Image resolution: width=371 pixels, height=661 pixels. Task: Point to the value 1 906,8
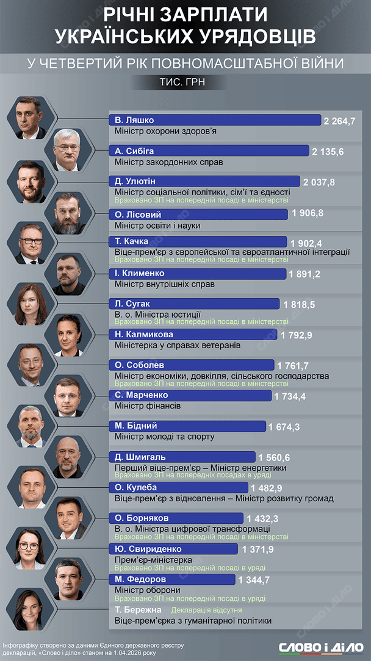coord(308,213)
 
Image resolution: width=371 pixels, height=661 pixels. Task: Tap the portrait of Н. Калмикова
coord(68,335)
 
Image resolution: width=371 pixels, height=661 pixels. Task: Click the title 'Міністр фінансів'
coord(148,406)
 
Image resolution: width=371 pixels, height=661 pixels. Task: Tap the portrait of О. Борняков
coord(68,518)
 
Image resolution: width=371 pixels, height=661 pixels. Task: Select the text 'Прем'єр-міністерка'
coord(153,559)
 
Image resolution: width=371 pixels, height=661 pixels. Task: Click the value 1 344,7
coord(255,579)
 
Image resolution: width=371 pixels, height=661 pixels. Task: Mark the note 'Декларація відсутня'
coord(207,610)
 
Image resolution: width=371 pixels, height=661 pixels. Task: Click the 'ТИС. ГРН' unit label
coord(185,82)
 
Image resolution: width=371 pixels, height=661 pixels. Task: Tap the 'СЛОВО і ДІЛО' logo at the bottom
coord(322,648)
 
